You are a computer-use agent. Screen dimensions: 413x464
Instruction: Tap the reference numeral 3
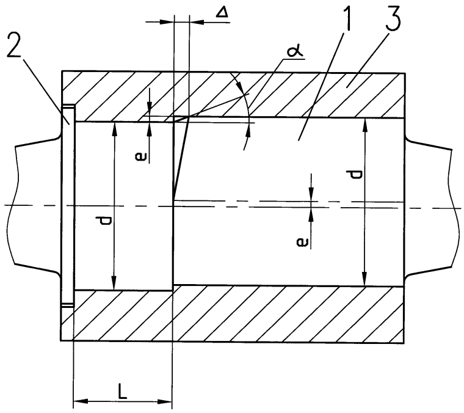point(391,23)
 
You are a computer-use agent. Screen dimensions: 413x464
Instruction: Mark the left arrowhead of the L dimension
point(78,401)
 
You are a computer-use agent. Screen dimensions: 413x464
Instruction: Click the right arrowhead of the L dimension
point(167,401)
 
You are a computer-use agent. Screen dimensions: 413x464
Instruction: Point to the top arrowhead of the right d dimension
point(364,123)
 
